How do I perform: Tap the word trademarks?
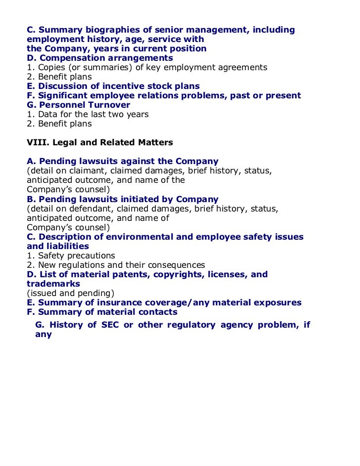53,284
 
